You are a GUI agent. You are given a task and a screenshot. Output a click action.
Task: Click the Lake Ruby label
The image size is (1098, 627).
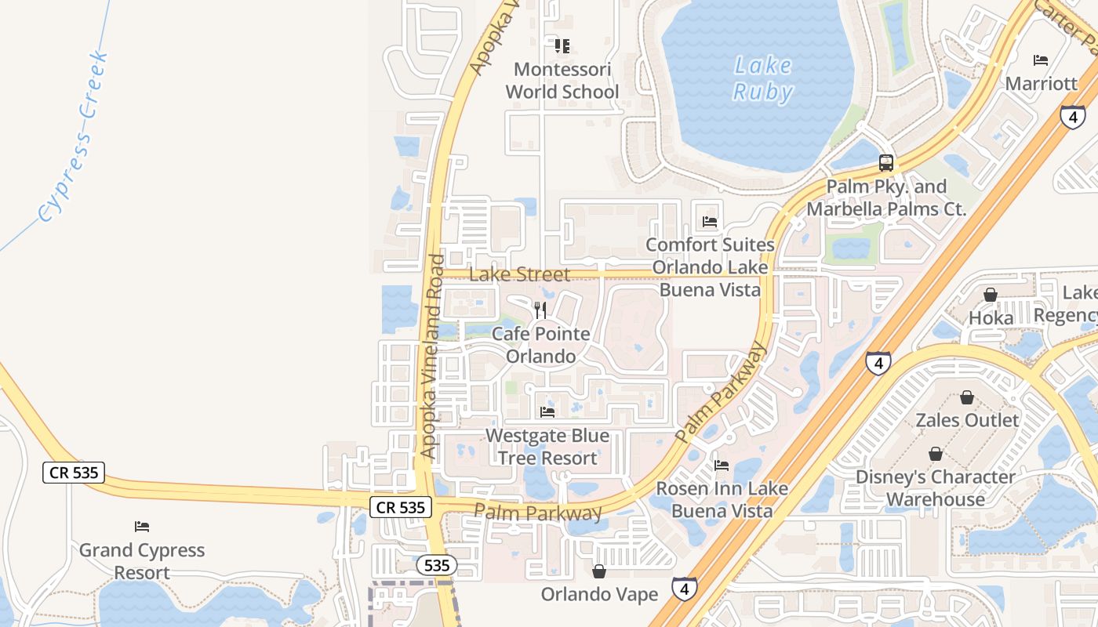pyautogui.click(x=762, y=78)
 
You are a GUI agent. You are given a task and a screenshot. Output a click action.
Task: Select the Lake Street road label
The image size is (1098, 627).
pyautogui.click(x=519, y=274)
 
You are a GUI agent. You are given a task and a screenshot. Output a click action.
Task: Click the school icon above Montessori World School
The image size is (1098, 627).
pyautogui.click(x=562, y=46)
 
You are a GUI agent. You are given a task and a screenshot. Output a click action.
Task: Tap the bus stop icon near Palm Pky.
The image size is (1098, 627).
pyautogui.click(x=886, y=163)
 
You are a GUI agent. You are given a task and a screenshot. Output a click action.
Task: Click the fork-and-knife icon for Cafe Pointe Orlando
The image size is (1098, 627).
pyautogui.click(x=540, y=310)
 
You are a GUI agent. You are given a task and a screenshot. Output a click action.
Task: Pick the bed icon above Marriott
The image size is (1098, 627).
pyautogui.click(x=1041, y=60)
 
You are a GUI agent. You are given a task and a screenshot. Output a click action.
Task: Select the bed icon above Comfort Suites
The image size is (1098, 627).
pyautogui.click(x=710, y=222)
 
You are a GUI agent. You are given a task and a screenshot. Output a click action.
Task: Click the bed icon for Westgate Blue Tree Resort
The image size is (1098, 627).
pyautogui.click(x=547, y=411)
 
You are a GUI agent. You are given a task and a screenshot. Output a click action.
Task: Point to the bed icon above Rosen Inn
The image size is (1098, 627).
pyautogui.click(x=722, y=466)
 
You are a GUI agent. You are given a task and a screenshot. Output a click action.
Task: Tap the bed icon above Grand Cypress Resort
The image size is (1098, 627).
pyautogui.click(x=142, y=527)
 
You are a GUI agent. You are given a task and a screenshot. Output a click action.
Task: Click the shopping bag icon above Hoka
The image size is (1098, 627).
pyautogui.click(x=991, y=295)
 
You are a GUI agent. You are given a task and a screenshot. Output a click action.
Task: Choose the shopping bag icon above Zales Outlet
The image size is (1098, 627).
pyautogui.click(x=967, y=397)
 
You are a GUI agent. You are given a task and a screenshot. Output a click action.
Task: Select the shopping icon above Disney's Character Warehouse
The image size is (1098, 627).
pyautogui.click(x=935, y=455)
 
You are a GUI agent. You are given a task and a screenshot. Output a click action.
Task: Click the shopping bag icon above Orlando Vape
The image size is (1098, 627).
pyautogui.click(x=599, y=571)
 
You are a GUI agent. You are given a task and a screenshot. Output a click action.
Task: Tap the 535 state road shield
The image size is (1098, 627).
pyautogui.click(x=436, y=566)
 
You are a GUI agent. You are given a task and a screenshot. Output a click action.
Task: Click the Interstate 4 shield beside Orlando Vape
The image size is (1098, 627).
pyautogui.click(x=684, y=588)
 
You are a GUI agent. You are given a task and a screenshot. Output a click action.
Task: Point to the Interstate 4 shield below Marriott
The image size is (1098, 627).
pyautogui.click(x=1072, y=117)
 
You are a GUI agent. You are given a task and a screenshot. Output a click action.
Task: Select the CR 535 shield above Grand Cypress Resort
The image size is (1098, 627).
pyautogui.click(x=74, y=473)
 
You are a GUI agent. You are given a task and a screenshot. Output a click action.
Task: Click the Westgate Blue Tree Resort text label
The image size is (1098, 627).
pyautogui.click(x=547, y=447)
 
